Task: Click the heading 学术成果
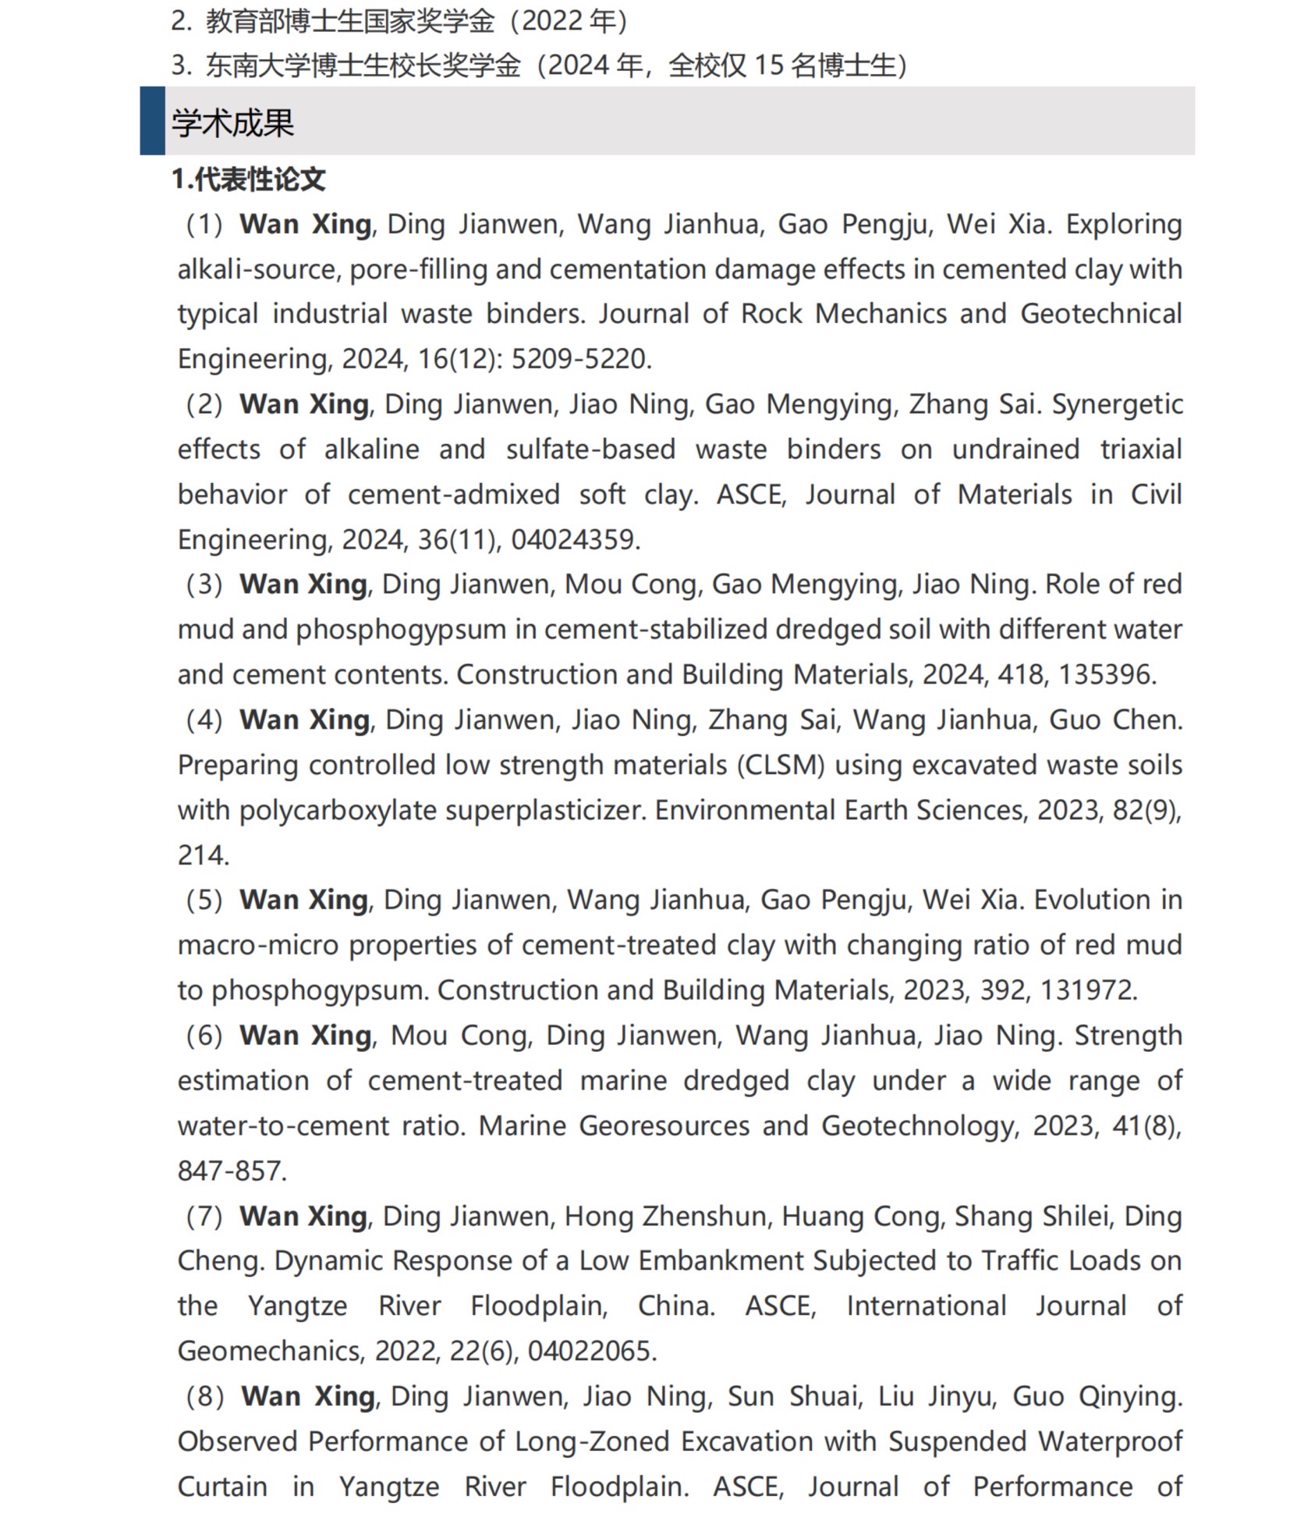pos(232,123)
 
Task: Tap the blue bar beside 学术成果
pos(152,121)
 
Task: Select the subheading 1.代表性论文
pos(248,179)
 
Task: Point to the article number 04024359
pos(575,539)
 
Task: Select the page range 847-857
pos(232,1171)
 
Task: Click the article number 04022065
pos(591,1351)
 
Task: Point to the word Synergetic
pos(1117,404)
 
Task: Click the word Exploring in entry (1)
pos(1124,224)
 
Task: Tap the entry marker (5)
pos(204,900)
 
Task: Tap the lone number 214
pos(203,855)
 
